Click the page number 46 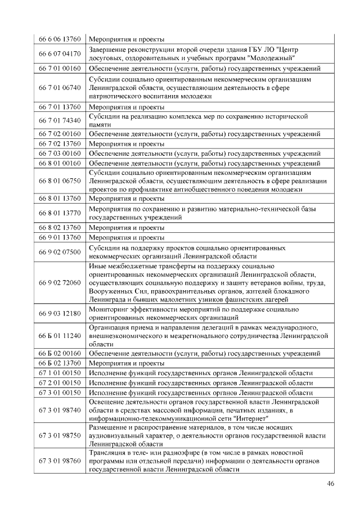331,484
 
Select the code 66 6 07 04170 60,54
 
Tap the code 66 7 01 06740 60,88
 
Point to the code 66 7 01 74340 60,120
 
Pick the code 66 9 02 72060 60,282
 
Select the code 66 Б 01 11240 60,336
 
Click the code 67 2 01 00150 60,382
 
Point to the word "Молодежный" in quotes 271,58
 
